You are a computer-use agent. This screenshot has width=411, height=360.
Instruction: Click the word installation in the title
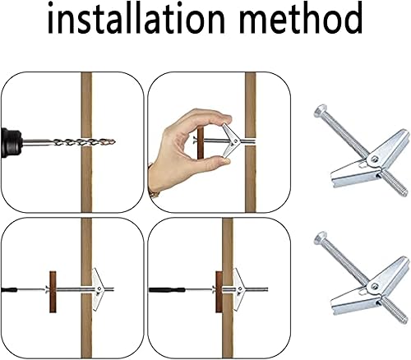(136, 17)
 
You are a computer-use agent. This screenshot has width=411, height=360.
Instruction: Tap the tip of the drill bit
(114, 142)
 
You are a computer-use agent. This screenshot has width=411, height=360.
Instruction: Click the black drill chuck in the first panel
(11, 142)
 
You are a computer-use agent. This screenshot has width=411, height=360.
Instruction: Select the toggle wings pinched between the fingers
(231, 141)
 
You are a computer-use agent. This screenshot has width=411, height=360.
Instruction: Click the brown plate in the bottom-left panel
(53, 292)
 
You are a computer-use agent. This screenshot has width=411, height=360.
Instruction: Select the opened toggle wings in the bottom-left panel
(98, 289)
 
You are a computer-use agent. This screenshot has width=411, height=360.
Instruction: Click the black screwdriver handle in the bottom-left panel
(9, 289)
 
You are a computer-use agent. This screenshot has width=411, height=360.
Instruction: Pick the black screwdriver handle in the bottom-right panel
(167, 289)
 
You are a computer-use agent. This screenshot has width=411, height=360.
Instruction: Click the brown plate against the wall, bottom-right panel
(219, 292)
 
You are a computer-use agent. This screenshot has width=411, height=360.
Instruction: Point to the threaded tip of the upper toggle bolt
(403, 192)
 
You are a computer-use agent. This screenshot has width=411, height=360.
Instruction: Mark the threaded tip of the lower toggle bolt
(403, 320)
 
